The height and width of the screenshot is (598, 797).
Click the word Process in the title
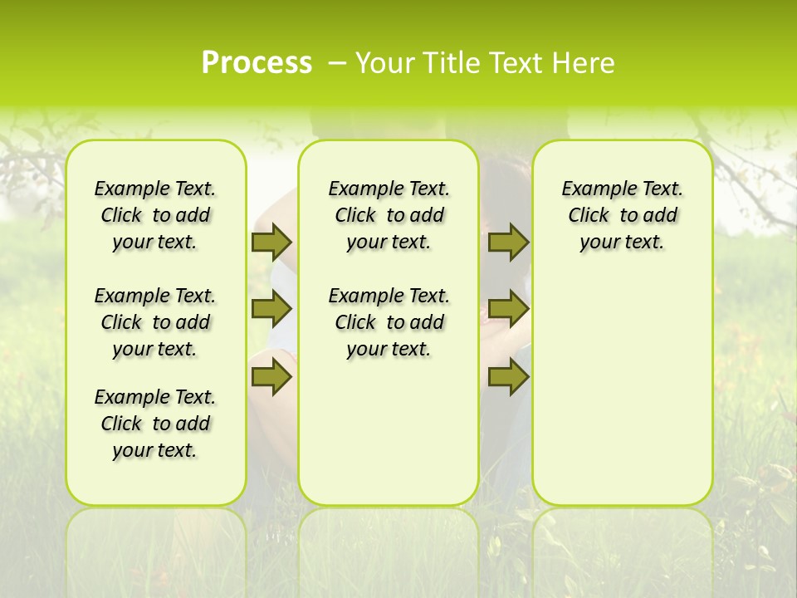[x=257, y=63]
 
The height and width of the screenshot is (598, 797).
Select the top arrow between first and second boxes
[x=271, y=242]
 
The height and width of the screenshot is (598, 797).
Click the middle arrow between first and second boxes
[x=271, y=309]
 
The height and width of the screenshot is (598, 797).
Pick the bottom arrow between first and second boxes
[x=271, y=377]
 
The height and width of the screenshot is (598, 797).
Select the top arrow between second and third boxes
[x=508, y=242]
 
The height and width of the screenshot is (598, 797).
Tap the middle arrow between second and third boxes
[x=508, y=309]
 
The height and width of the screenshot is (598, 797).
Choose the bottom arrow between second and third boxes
[x=508, y=377]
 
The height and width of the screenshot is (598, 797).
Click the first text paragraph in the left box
[x=155, y=215]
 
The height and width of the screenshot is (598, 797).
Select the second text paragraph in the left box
[x=155, y=322]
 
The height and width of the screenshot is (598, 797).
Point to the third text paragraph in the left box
[x=155, y=424]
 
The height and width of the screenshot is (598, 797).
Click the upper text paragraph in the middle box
[x=389, y=215]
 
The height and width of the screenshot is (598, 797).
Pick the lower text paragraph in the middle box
[x=389, y=322]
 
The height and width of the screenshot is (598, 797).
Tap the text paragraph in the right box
[x=623, y=215]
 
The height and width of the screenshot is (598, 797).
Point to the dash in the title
[x=337, y=63]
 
